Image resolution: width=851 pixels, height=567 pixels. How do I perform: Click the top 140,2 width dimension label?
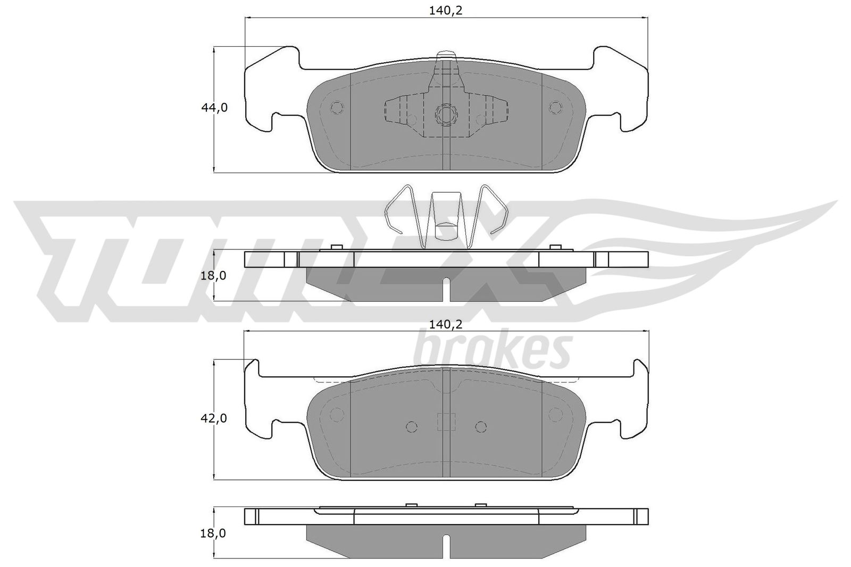pyautogui.click(x=446, y=11)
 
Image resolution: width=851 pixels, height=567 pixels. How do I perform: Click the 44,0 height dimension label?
pyautogui.click(x=214, y=108)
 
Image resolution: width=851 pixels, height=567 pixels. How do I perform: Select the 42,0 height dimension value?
pyautogui.click(x=214, y=419)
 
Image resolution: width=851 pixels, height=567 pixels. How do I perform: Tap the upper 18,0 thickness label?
pyautogui.click(x=213, y=276)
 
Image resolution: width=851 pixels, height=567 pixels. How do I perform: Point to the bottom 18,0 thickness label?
pyautogui.click(x=213, y=534)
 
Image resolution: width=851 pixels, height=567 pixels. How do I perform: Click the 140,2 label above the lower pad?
pyautogui.click(x=446, y=325)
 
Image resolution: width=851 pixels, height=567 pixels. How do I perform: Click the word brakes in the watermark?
pyautogui.click(x=492, y=349)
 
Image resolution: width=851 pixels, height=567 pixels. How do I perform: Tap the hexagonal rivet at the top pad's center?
pyautogui.click(x=446, y=114)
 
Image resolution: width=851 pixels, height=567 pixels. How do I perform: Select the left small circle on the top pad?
pyautogui.click(x=337, y=108)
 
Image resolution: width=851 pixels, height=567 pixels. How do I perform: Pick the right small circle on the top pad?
pyautogui.click(x=555, y=108)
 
